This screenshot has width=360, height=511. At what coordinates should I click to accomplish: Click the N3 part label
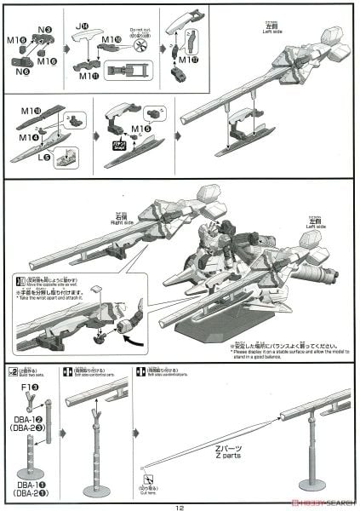[45, 29]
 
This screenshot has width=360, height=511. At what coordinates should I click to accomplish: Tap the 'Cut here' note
[151, 489]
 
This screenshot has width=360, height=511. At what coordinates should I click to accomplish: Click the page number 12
[180, 504]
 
